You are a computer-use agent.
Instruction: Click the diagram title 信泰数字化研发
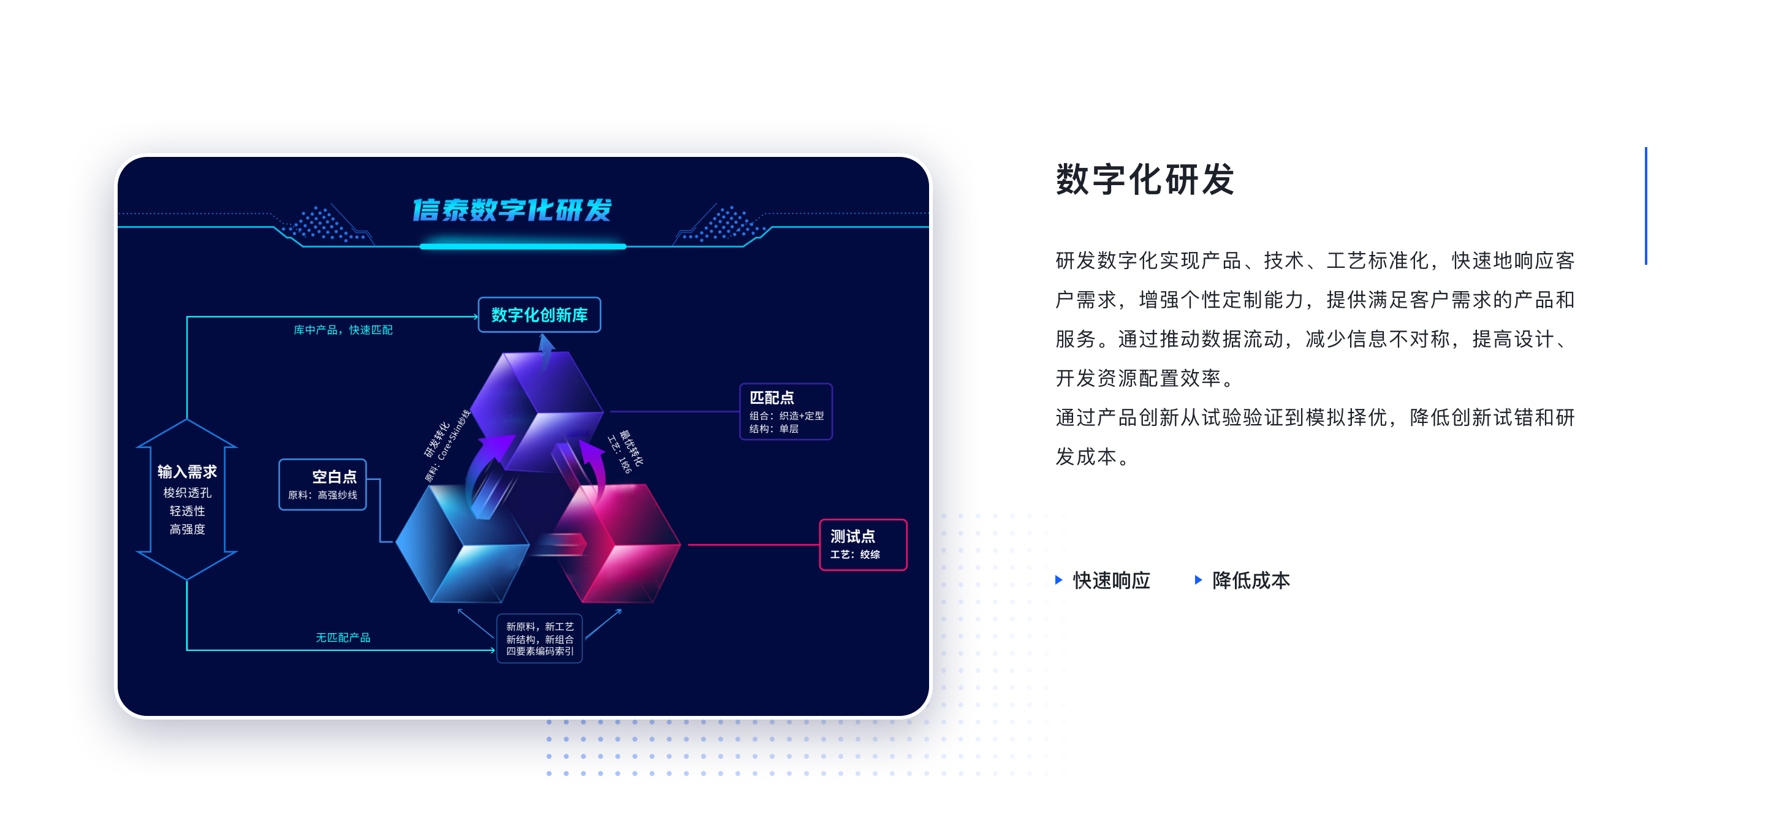512,210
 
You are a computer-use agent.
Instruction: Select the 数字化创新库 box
539,314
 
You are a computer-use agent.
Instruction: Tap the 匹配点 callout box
786,411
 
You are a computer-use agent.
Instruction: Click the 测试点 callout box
864,545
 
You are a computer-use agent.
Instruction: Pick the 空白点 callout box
323,484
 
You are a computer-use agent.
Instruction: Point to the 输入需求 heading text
187,471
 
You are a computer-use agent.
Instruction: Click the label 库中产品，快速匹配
343,330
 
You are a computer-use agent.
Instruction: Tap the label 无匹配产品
343,638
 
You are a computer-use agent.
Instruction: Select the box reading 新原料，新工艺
540,639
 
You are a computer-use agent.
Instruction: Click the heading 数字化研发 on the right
1145,180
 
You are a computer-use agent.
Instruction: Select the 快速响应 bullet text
1111,580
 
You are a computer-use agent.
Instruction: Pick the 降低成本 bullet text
1251,580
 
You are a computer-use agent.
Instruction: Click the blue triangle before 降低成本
1198,580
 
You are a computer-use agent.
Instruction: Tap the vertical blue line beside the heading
1645,205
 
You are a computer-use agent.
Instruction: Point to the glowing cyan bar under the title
523,246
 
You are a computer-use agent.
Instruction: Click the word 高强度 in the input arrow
187,530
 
